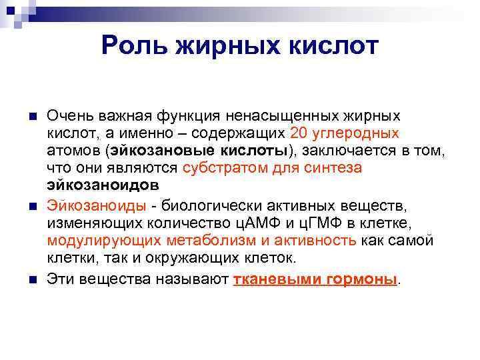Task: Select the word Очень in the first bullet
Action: click(67, 116)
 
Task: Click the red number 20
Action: click(299, 133)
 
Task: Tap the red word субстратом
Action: click(225, 168)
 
